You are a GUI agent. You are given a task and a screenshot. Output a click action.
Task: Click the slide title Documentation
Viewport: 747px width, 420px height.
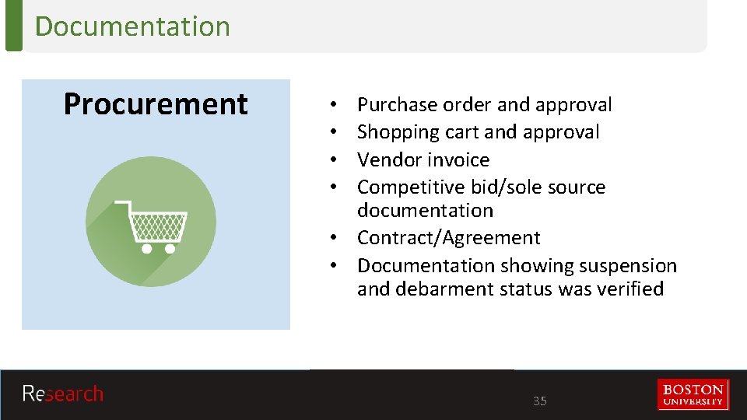coord(132,26)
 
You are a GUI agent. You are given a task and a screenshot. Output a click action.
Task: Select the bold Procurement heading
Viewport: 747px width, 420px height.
coord(156,104)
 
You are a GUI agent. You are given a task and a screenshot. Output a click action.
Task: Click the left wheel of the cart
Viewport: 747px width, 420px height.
coord(146,249)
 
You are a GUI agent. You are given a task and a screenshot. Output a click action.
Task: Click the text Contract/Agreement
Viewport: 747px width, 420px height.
coord(448,238)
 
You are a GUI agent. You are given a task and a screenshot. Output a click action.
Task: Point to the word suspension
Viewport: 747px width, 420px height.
coord(627,266)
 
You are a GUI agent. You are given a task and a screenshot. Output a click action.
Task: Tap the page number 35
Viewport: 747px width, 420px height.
coord(539,401)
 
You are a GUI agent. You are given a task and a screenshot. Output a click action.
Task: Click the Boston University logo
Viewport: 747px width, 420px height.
coord(693,394)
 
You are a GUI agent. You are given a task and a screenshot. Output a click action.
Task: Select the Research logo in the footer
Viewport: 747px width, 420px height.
coord(62,394)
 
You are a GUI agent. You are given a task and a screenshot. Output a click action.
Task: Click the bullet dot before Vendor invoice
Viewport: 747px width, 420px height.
coord(332,160)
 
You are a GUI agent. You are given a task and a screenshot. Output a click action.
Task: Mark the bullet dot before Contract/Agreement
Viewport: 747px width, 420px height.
coord(332,238)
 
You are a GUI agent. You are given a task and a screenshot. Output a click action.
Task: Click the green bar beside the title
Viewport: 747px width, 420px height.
coord(13,26)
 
